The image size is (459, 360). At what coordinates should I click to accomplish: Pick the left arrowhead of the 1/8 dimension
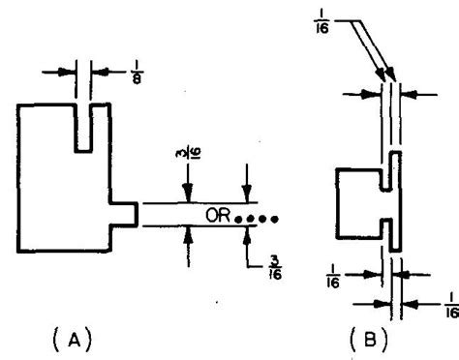[75, 71]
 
